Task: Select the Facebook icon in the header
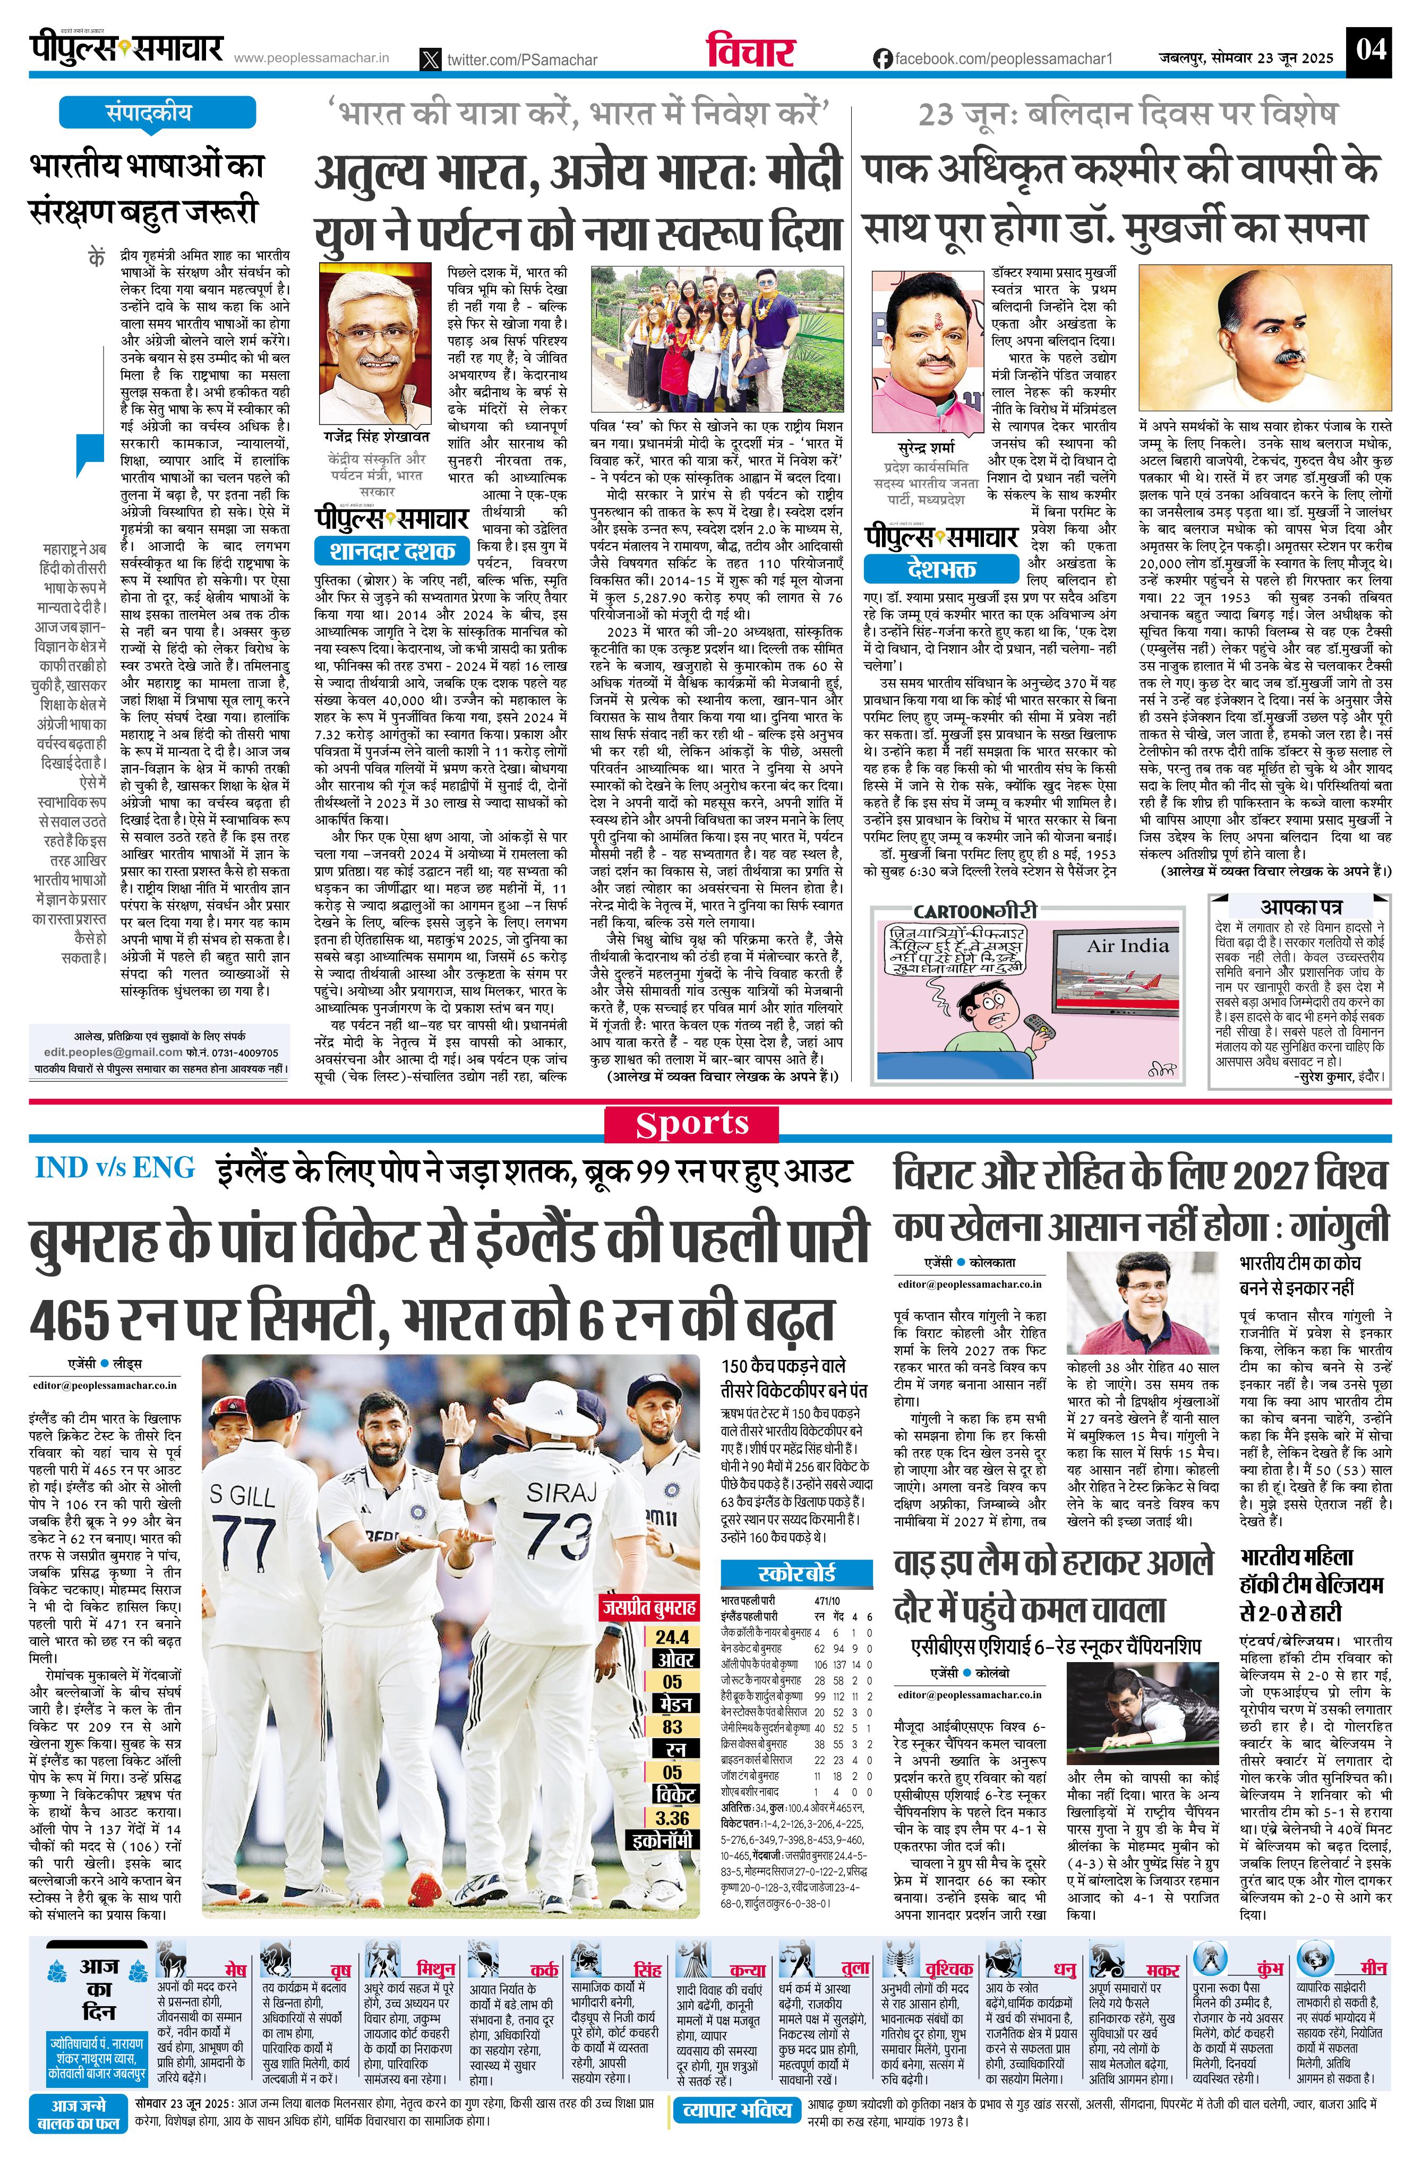(882, 58)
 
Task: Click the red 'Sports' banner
(691, 1125)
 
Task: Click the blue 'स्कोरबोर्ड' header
(796, 1573)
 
